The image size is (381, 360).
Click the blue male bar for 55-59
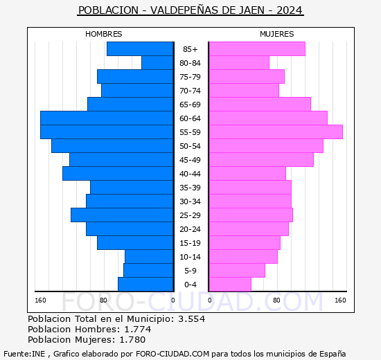click(x=107, y=132)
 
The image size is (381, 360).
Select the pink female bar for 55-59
click(x=275, y=132)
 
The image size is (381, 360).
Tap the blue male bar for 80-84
click(x=157, y=62)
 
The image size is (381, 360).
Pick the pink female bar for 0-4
click(x=229, y=284)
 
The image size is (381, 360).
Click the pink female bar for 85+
click(x=256, y=48)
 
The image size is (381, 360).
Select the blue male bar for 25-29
click(x=122, y=215)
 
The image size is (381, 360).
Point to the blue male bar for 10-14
click(x=149, y=256)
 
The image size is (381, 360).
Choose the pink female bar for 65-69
click(x=259, y=104)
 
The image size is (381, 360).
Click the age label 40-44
click(x=190, y=174)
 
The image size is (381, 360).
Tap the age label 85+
click(x=190, y=49)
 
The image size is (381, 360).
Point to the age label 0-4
click(x=190, y=285)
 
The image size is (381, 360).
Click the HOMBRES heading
click(x=104, y=34)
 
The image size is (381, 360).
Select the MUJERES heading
click(x=276, y=34)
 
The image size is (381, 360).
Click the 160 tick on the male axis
click(x=40, y=300)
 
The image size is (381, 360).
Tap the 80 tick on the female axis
click(x=276, y=300)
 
